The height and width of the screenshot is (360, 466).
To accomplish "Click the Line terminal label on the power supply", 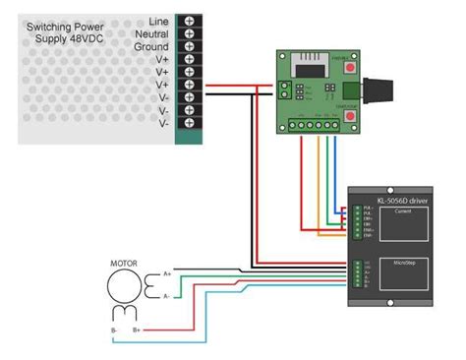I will click(158, 21).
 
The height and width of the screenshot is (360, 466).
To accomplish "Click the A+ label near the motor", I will click(167, 272).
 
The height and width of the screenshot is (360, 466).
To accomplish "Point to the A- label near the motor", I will click(167, 295).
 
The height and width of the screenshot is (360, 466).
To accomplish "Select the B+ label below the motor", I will click(137, 330).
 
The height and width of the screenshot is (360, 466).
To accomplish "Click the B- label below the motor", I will click(114, 330).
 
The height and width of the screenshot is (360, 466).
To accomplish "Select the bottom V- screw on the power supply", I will click(189, 124).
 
